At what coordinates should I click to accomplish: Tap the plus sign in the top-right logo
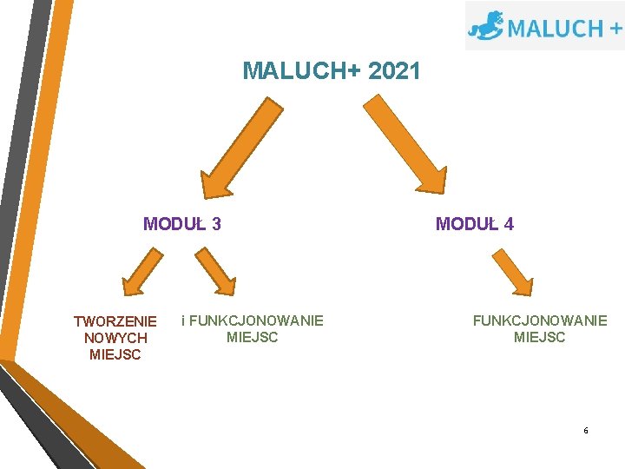(x=615, y=28)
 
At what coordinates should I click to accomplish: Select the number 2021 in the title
(x=394, y=71)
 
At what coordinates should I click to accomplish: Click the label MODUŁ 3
(x=182, y=224)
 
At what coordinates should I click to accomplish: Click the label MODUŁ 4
(x=475, y=224)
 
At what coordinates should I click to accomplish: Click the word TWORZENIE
(x=115, y=321)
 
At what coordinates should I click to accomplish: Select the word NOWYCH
(x=115, y=338)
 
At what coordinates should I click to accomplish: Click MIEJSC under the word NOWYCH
(x=115, y=354)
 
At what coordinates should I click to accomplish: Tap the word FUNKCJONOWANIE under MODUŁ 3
(x=256, y=320)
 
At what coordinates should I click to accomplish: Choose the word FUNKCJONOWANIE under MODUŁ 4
(x=540, y=320)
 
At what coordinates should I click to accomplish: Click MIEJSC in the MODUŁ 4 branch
(x=540, y=337)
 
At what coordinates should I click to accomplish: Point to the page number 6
(x=586, y=431)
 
